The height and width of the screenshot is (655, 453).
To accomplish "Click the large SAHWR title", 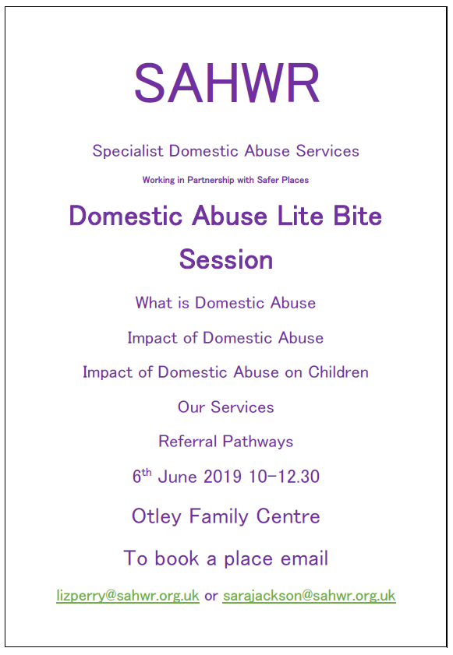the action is [x=227, y=83].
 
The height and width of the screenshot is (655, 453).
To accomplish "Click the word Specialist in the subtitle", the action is [x=128, y=151].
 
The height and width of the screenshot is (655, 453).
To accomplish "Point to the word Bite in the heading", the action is [x=358, y=216].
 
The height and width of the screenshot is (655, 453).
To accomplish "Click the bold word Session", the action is [x=226, y=259].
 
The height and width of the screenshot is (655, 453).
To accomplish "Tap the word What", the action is [x=154, y=303].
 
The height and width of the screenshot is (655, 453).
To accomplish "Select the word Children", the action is [x=338, y=372].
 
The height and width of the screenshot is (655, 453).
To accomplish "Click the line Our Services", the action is [x=226, y=407].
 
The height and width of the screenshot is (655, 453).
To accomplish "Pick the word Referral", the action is [x=188, y=442].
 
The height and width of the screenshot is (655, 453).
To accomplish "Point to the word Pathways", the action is [x=258, y=442].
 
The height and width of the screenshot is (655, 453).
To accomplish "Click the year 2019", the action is [x=222, y=477].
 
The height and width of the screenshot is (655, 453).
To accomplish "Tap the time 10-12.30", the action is [x=284, y=477].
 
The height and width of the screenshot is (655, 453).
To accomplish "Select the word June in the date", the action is [x=177, y=477].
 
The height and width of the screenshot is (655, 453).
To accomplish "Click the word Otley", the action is [x=157, y=516].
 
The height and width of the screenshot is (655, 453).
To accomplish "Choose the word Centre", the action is [x=288, y=516].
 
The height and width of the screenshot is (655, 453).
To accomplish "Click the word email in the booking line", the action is [x=304, y=558].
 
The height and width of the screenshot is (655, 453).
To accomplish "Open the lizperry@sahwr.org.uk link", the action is [x=128, y=596].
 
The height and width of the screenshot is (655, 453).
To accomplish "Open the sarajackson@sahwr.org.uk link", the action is [x=309, y=596].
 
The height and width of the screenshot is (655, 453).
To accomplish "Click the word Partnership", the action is [x=211, y=181].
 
